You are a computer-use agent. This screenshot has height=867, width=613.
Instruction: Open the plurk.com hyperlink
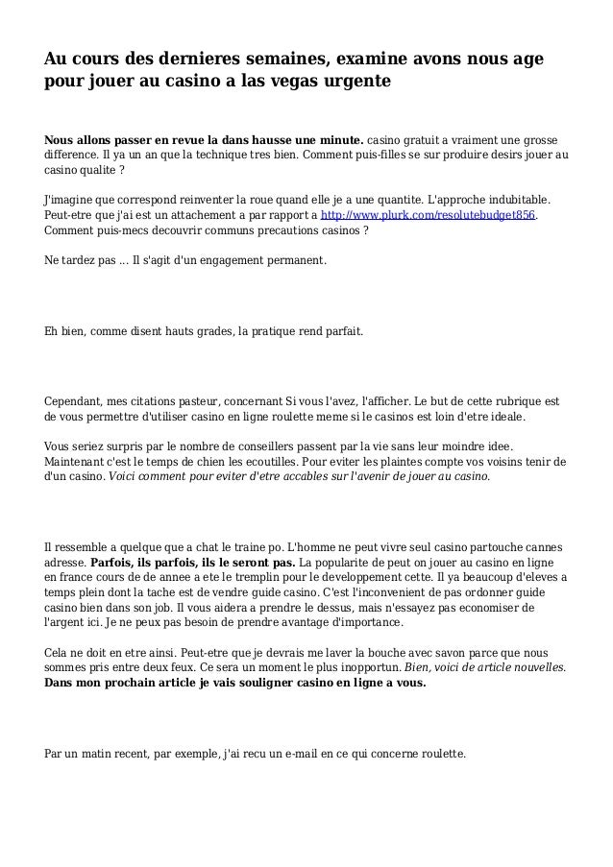pyautogui.click(x=428, y=216)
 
